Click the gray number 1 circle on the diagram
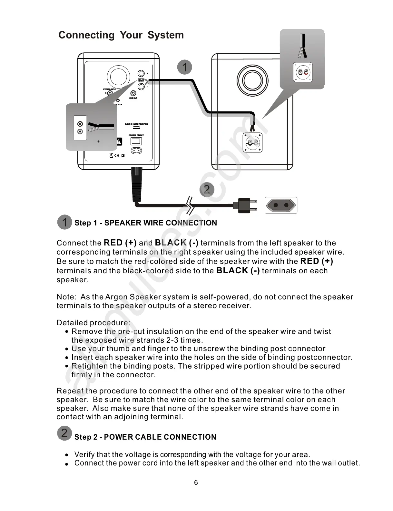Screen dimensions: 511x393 point(185,67)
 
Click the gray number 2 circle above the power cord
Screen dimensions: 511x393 point(207,189)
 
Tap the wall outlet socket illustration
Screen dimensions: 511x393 point(281,205)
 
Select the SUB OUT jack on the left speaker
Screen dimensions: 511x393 point(133,93)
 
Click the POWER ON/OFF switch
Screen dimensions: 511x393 point(136,141)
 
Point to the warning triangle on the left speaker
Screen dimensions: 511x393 point(119,141)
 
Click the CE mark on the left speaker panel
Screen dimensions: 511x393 point(117,155)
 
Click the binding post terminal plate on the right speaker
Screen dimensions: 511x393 point(252,142)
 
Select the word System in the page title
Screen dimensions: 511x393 point(166,35)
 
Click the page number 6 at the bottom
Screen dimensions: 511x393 point(196,483)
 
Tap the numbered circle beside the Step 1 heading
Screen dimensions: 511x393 point(64,222)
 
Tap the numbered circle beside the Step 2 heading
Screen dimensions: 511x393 point(64,433)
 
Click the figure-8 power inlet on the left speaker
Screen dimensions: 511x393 point(136,151)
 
